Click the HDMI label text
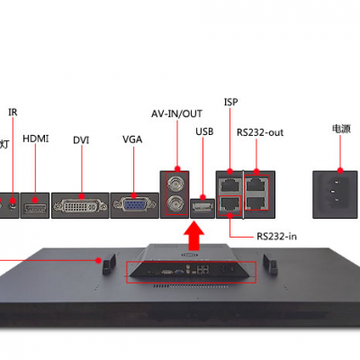click(35, 139)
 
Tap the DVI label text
click(81, 140)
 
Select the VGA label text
click(132, 139)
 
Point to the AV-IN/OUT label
click(176, 113)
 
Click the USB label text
click(204, 131)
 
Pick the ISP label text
click(230, 102)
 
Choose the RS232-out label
click(260, 132)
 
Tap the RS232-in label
click(276, 237)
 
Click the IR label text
click(13, 112)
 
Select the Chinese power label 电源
click(341, 129)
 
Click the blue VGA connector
click(134, 205)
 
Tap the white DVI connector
click(80, 206)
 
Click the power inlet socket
click(336, 192)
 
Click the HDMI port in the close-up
click(35, 207)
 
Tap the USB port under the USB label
click(203, 207)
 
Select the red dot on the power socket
click(340, 170)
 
